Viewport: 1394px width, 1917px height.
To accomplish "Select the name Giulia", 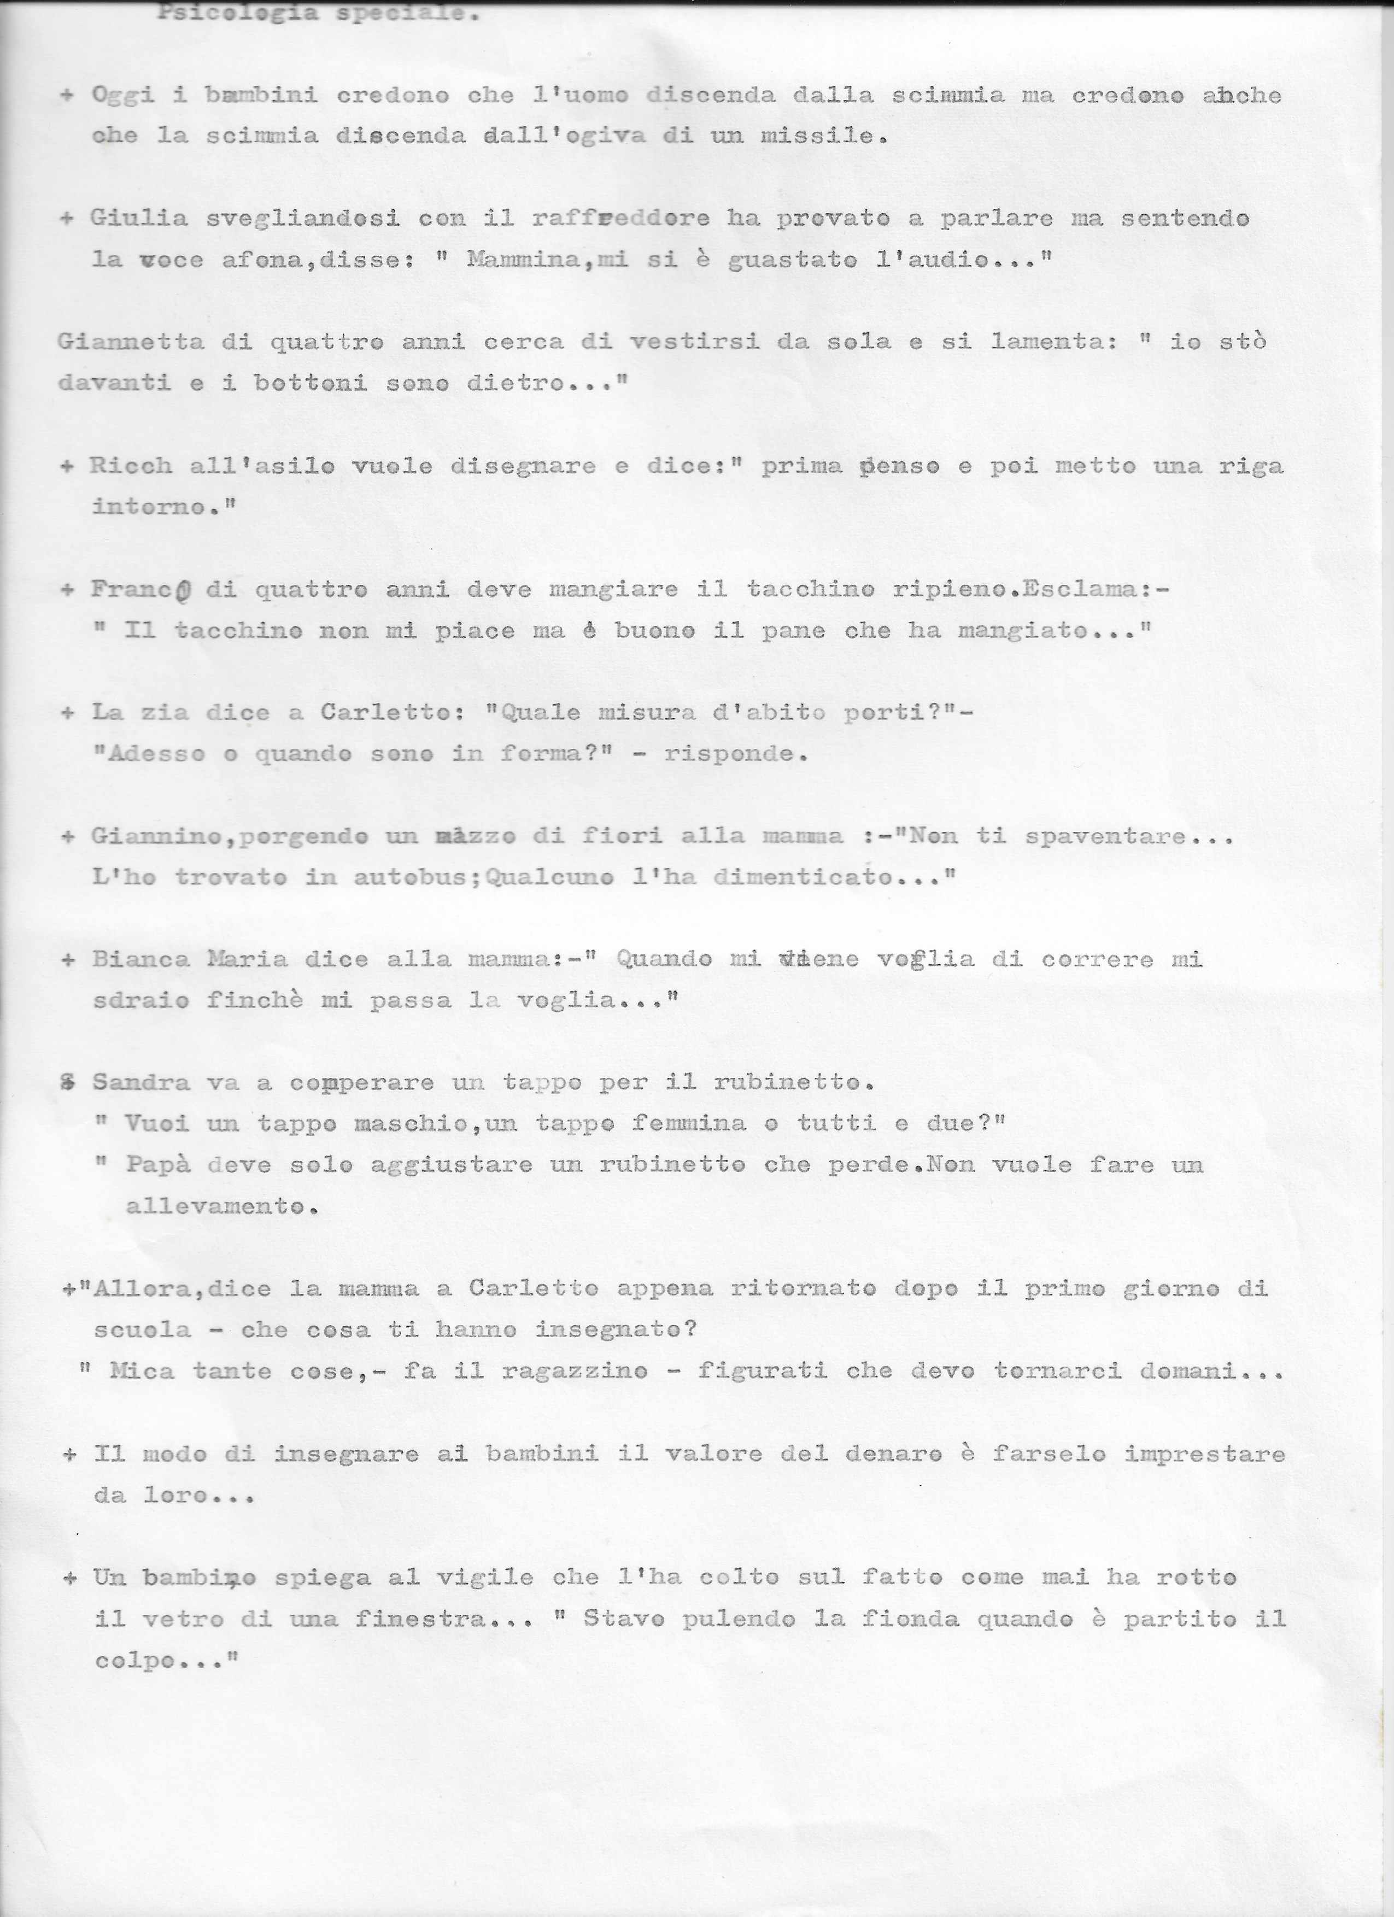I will coord(139,218).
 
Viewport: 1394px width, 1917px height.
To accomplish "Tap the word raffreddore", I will coord(620,218).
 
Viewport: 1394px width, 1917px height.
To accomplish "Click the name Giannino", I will coord(163,836).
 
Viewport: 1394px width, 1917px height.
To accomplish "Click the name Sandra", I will coord(139,1083).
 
